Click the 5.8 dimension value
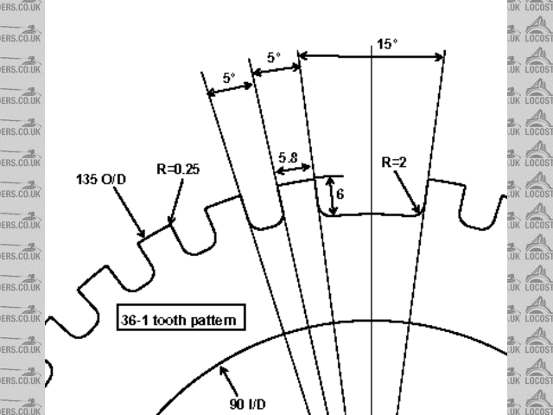pos(289,158)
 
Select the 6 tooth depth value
pos(340,195)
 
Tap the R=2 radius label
pos(397,162)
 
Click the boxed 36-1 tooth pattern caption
pos(180,319)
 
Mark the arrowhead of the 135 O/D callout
pos(143,234)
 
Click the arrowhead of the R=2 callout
pos(420,211)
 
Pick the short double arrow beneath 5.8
pos(294,169)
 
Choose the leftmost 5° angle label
pos(229,77)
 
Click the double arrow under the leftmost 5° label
pos(230,89)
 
